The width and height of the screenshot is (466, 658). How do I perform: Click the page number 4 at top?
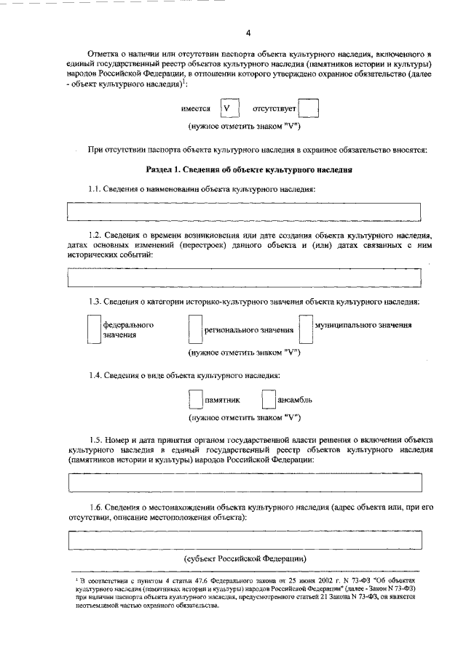[248, 33]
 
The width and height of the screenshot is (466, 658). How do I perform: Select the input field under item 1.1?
[244, 211]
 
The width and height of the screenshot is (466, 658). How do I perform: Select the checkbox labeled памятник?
[194, 399]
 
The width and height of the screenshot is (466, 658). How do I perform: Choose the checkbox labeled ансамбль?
[268, 399]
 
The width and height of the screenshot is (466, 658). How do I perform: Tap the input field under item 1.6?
[244, 541]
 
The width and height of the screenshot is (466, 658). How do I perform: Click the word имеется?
[196, 109]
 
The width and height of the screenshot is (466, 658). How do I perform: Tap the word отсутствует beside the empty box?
[274, 109]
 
